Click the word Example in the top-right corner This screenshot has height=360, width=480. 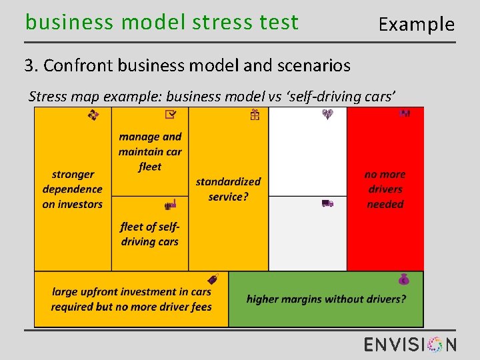416,25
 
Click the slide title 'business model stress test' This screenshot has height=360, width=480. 161,23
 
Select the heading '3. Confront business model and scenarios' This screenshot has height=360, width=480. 187,65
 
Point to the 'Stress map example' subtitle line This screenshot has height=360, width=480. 212,97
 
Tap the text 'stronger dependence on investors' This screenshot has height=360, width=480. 73,189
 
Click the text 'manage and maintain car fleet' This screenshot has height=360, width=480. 150,151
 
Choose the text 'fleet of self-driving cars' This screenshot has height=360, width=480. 150,234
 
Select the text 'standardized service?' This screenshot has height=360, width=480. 228,189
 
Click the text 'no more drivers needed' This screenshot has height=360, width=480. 385,189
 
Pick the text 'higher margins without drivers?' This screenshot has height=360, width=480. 326,299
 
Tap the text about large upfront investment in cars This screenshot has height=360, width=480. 131,299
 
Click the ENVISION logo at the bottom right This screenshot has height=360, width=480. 410,344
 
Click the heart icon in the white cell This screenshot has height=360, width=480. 327,115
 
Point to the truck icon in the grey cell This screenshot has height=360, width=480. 327,203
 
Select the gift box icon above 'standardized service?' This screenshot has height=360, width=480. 255,115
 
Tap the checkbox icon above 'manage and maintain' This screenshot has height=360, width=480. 171,115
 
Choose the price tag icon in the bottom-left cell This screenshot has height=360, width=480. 213,279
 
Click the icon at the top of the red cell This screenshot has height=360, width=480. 404,113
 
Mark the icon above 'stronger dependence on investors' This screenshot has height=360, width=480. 93,115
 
